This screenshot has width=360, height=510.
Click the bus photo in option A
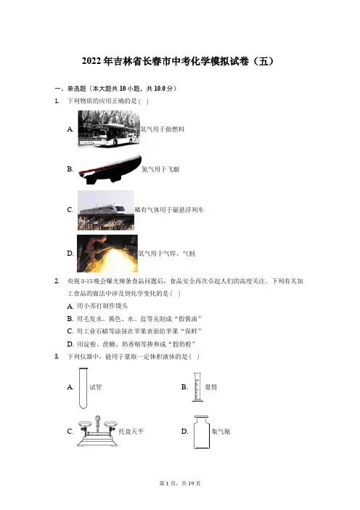point(109,129)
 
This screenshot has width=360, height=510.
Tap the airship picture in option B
point(110,169)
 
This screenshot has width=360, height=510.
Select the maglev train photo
point(105,211)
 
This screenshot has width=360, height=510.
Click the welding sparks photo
point(107,254)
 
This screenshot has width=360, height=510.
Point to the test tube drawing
point(83,388)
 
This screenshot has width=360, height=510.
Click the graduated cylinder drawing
point(197,387)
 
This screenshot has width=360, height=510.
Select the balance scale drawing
point(97,432)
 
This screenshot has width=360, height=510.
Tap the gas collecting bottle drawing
point(202,432)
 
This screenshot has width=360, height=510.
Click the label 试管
point(96,387)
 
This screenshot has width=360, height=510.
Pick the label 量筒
point(211,387)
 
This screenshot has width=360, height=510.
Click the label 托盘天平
point(131,432)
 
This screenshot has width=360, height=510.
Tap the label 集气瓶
point(221,432)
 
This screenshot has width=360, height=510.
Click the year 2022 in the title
point(91,61)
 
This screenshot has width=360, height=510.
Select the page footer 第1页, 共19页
point(180,483)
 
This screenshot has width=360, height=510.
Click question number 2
point(57,281)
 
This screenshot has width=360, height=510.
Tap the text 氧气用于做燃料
point(163,129)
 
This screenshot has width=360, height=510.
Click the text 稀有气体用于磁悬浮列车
point(169,210)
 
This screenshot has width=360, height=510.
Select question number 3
point(57,357)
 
